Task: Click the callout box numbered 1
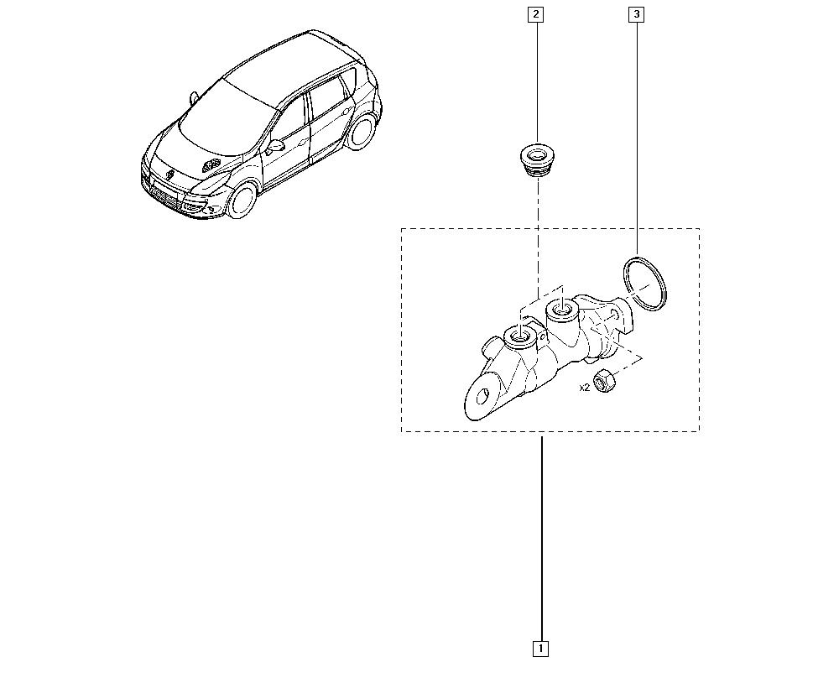click(x=540, y=649)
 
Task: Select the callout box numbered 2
click(x=535, y=14)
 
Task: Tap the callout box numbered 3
click(x=636, y=14)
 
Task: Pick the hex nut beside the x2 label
click(x=604, y=380)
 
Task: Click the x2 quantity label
click(x=584, y=388)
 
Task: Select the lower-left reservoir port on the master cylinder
click(x=520, y=337)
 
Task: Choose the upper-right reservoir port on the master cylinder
click(x=561, y=310)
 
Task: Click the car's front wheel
click(x=242, y=199)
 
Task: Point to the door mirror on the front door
click(x=275, y=145)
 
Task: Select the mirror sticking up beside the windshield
click(x=194, y=97)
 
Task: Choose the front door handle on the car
click(x=304, y=143)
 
